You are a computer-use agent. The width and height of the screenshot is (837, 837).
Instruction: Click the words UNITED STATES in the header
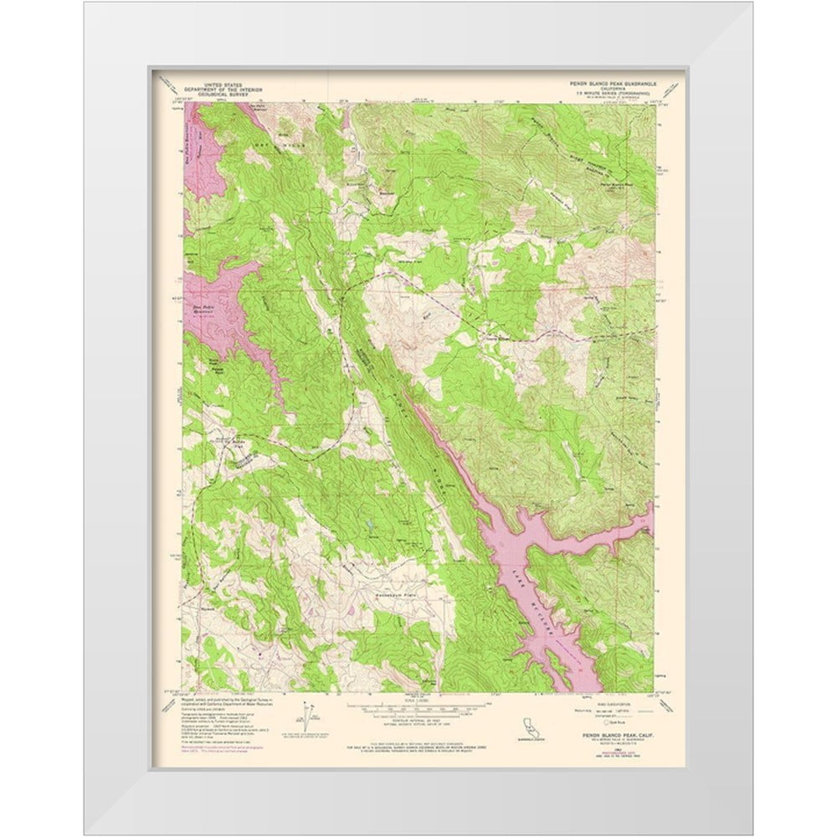(215, 85)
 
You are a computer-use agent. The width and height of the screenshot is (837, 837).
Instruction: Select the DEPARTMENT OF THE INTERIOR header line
(215, 90)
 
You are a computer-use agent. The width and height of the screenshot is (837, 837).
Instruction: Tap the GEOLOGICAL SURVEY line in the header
(215, 95)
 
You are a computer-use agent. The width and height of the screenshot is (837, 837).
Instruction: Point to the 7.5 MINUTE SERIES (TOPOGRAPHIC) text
(608, 95)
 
